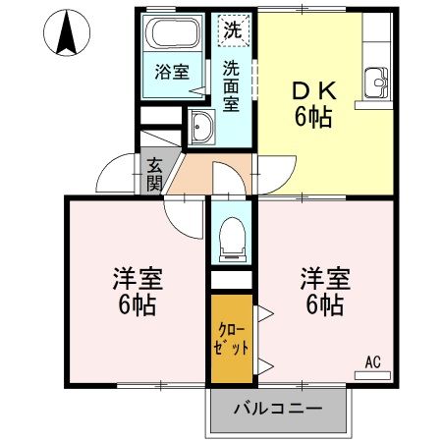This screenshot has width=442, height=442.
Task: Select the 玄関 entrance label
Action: point(154,174)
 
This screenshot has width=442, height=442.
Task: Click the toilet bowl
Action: point(232,237)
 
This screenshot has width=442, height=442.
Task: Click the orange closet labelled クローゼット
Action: point(232,339)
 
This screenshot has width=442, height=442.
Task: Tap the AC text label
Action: point(372,360)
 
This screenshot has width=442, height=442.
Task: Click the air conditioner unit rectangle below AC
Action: point(371,373)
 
